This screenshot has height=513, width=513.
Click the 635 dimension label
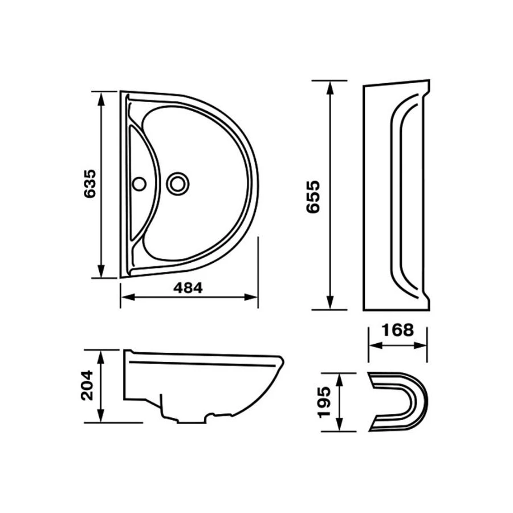90,184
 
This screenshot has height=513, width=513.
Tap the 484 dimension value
188,288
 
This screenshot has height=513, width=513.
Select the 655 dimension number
313,197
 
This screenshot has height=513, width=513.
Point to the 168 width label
398,330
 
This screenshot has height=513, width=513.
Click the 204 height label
87,385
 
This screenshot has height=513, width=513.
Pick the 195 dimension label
325,402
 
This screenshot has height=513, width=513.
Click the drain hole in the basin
178,184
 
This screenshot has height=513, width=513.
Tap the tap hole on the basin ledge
140,184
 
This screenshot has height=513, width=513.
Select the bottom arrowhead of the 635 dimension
101,271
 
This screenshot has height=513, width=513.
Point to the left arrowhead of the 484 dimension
128,297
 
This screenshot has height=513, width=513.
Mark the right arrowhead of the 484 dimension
251,297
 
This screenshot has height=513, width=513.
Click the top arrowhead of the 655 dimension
330,88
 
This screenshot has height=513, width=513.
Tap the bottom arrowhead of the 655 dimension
330,302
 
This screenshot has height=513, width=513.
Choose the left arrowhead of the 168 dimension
376,345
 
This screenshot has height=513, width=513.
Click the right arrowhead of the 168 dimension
420,345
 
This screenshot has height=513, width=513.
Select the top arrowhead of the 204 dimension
101,357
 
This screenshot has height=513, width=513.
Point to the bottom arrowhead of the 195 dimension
340,424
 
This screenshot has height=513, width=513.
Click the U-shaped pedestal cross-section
398,402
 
